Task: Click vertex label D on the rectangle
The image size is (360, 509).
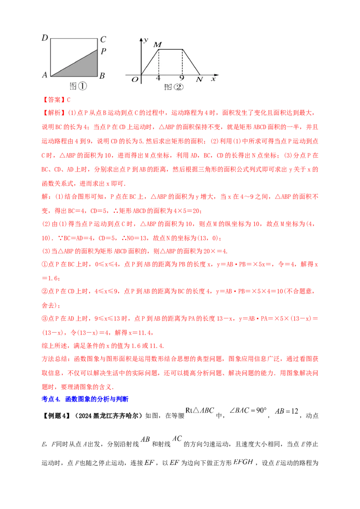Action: tap(45, 38)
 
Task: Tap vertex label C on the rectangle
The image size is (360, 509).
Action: tap(103, 39)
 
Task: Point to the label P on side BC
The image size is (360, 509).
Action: tap(103, 51)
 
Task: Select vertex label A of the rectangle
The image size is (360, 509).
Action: tap(45, 75)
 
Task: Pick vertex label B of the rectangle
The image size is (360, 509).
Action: tap(102, 76)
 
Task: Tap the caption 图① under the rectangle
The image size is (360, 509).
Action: tap(78, 86)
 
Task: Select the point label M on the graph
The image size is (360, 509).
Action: tap(157, 45)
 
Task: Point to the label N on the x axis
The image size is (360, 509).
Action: tap(199, 80)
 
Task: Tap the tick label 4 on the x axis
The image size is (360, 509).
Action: tap(158, 79)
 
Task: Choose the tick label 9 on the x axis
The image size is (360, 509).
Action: tap(182, 79)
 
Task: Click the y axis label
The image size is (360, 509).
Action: tap(146, 40)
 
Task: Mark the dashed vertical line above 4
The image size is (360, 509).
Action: tap(158, 62)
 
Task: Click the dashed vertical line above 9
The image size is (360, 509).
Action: tap(182, 62)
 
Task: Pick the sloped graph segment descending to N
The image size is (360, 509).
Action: tap(191, 62)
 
